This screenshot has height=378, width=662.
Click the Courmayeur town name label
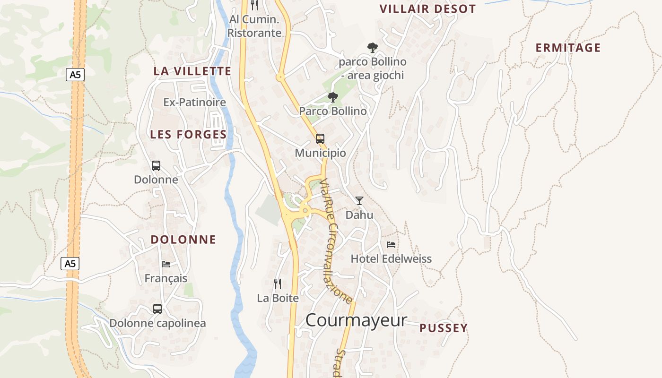356,320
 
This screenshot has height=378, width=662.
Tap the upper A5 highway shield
75,74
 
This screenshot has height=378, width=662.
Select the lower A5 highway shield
70,263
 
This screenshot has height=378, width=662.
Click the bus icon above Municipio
320,139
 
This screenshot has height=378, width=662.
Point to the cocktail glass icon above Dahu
359,201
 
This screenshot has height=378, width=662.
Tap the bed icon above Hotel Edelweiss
391,245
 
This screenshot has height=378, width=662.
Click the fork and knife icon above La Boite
278,283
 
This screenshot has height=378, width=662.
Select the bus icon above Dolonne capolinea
157,309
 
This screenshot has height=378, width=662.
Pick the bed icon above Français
165,264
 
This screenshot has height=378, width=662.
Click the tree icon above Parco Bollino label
333,97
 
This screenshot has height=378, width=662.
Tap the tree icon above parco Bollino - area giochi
373,47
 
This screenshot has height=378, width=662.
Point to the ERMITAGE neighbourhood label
568,48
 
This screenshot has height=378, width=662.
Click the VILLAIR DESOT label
427,9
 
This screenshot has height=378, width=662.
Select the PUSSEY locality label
443,328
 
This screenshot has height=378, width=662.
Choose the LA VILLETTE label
192,71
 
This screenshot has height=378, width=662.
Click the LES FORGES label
188,135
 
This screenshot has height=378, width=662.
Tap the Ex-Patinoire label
194,102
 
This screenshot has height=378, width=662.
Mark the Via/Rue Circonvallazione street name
336,241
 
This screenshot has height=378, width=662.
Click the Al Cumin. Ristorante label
254,26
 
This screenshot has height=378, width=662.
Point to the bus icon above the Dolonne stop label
156,166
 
